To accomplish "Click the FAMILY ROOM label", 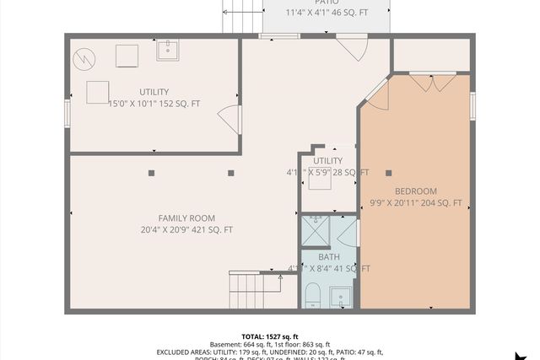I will [186, 218].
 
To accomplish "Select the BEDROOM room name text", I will [416, 191].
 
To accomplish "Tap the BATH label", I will [329, 257].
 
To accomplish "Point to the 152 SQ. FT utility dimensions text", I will [154, 104].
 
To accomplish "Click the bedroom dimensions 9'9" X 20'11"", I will [416, 203].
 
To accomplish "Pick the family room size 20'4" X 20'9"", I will [186, 230].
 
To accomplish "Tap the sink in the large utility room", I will [168, 50].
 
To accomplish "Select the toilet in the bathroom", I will [311, 296].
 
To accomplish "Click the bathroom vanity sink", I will [340, 297].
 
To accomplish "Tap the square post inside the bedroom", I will [388, 173].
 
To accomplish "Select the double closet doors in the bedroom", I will [433, 83].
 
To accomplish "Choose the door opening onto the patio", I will [351, 49].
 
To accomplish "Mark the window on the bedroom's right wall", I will [472, 105].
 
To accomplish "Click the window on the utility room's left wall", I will [67, 112].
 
